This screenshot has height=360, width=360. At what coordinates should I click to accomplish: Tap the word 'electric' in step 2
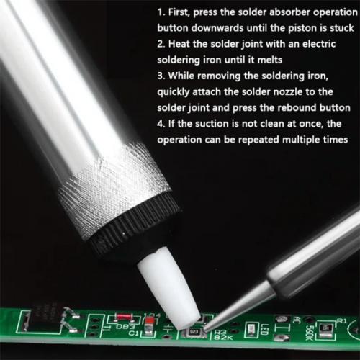(319, 44)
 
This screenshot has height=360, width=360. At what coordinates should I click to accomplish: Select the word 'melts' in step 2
(270, 60)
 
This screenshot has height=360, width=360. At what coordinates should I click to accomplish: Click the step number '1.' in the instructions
(161, 12)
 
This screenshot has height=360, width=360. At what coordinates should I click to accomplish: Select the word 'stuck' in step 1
(342, 28)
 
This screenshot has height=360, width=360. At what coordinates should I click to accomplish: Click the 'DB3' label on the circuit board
(126, 327)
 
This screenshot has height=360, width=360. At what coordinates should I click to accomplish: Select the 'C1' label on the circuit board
(133, 333)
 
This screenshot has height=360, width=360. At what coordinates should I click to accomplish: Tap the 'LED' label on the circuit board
(264, 329)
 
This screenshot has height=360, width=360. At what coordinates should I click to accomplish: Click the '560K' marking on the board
(309, 330)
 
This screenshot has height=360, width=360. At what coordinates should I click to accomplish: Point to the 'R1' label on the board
(342, 320)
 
